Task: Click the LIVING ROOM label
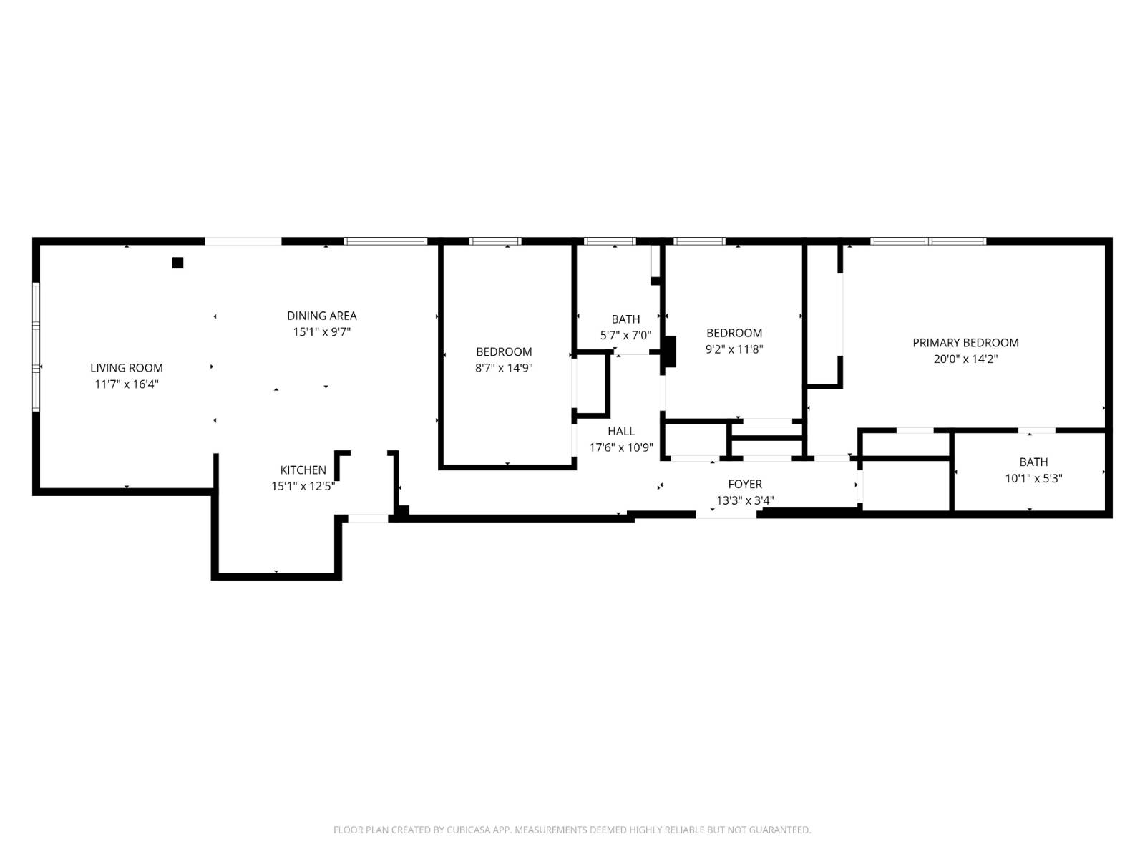point(126,368)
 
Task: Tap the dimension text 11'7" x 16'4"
point(126,384)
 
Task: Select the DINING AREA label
point(321,316)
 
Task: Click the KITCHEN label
point(303,470)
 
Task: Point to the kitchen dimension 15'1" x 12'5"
point(303,487)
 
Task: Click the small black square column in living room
point(177,263)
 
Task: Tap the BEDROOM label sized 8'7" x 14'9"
point(504,352)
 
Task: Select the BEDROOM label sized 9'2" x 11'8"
point(734,333)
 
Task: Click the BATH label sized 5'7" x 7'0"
point(625,319)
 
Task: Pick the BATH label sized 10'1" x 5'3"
point(1033,462)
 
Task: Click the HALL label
point(620,431)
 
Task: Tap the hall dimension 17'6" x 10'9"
point(620,448)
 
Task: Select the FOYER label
point(745,485)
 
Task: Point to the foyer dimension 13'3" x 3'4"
point(745,501)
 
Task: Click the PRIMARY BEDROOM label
point(965,343)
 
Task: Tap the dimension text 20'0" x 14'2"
point(965,359)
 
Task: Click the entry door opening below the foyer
point(726,514)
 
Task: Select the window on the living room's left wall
point(36,347)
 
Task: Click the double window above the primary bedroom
point(928,241)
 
